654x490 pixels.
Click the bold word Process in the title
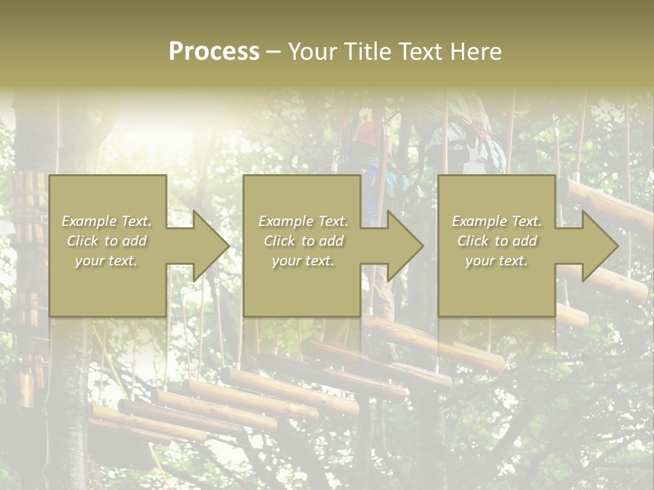214,52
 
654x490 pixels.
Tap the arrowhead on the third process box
599,246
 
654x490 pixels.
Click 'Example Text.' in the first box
107,221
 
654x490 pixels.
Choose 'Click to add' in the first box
107,241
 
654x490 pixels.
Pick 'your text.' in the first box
107,261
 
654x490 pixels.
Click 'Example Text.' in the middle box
303,221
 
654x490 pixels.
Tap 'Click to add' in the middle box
303,241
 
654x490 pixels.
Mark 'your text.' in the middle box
303,261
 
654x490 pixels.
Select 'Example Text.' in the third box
497,221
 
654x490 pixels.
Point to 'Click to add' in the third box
497,241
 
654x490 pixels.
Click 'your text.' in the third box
497,261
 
